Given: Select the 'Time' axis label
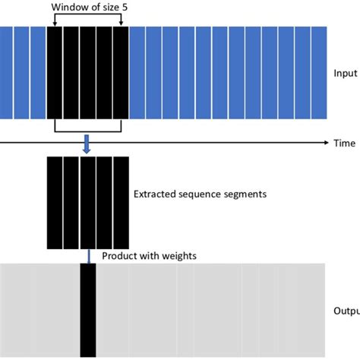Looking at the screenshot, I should (x=344, y=143).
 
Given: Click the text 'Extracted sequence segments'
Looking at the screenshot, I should (x=200, y=194).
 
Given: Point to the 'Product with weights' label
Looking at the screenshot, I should (x=149, y=256).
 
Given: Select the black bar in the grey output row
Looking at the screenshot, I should (x=88, y=311).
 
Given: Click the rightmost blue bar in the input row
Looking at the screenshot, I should (x=320, y=73).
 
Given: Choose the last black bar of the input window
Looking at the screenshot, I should (x=122, y=73).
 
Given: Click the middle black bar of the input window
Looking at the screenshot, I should (x=88, y=73).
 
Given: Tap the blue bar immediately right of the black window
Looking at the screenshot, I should (x=137, y=73).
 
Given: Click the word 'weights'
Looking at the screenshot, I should (x=179, y=257).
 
